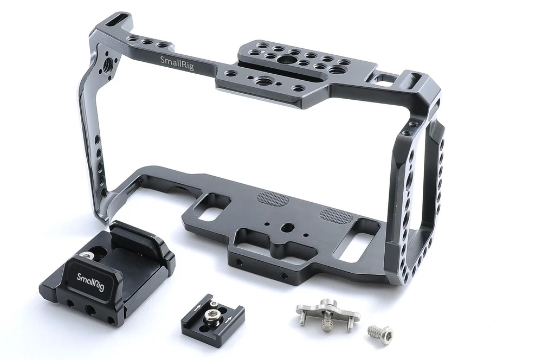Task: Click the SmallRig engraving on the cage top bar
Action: click(177, 63)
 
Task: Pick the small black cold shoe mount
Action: click(213, 316)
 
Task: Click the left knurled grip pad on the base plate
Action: click(273, 198)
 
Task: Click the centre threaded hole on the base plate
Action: click(287, 228)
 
